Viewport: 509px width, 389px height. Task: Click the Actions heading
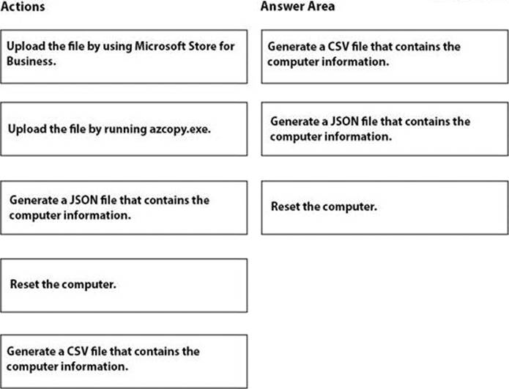point(23,7)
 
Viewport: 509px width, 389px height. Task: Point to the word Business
point(31,61)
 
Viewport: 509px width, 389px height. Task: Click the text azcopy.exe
point(180,130)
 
